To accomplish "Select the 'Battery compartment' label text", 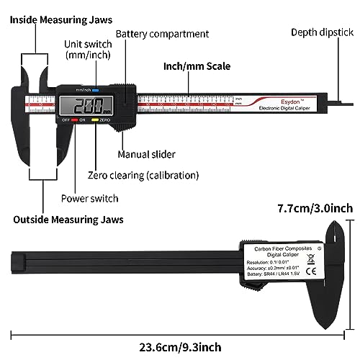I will [162, 34].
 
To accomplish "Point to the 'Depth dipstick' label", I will [321, 32].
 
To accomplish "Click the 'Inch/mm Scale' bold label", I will [197, 66].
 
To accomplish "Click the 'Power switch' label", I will [90, 198].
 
